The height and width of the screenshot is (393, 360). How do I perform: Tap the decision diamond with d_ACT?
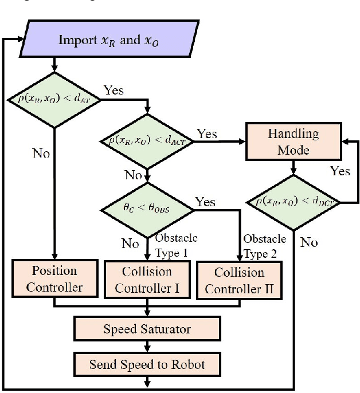click(x=148, y=139)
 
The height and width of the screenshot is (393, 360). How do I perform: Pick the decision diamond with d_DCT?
click(x=293, y=201)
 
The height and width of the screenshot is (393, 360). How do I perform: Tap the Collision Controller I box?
click(x=148, y=280)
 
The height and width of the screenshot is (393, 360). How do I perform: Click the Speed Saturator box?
click(x=147, y=329)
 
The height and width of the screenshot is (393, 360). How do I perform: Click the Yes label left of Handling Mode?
click(x=206, y=133)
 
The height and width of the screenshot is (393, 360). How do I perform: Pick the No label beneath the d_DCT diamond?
click(x=308, y=242)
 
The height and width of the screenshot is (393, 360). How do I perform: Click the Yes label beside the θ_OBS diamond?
click(x=206, y=202)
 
